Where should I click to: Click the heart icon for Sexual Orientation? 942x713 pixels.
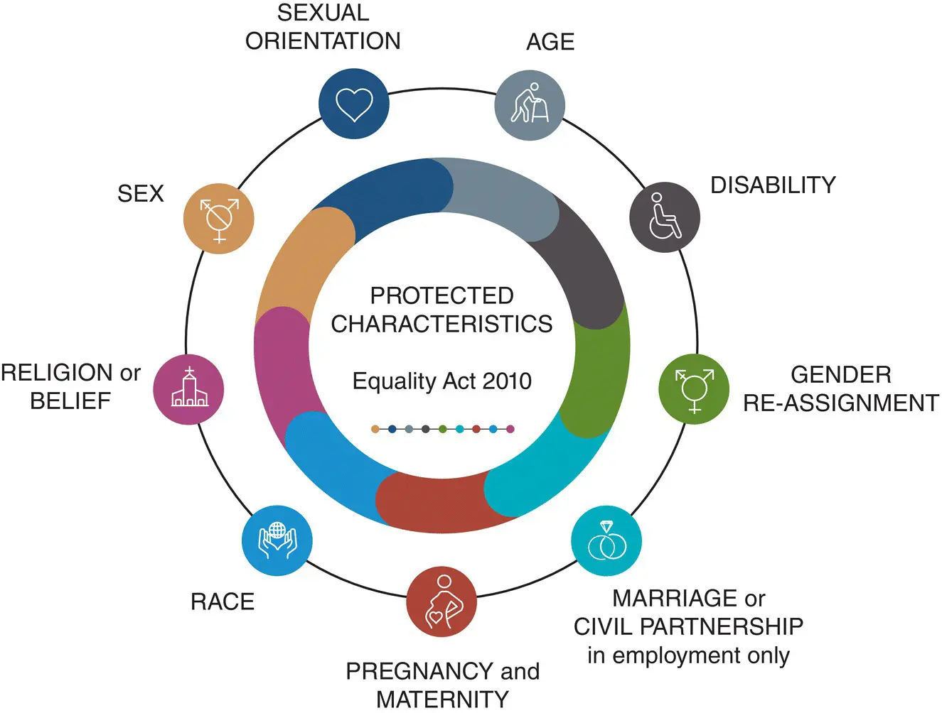[353, 104]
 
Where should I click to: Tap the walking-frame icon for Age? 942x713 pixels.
[530, 105]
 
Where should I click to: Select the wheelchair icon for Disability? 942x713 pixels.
[665, 217]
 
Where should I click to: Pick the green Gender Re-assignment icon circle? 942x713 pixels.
[694, 389]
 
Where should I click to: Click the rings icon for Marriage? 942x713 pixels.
[606, 541]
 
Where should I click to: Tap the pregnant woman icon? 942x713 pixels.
[441, 602]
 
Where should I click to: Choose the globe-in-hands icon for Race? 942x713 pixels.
[277, 541]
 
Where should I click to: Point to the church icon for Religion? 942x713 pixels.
[189, 389]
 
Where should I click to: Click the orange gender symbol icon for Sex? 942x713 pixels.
[219, 218]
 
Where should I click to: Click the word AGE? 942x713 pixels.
[550, 42]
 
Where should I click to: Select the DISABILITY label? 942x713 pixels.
[773, 185]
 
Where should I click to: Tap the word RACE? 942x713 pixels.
[223, 602]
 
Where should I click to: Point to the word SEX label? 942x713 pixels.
[141, 193]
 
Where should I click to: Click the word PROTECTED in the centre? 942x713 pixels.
[441, 295]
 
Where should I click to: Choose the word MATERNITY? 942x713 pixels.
[442, 700]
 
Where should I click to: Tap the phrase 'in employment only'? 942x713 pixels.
[688, 655]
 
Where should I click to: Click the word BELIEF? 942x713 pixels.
[70, 401]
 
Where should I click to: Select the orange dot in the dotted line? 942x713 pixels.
[375, 429]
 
